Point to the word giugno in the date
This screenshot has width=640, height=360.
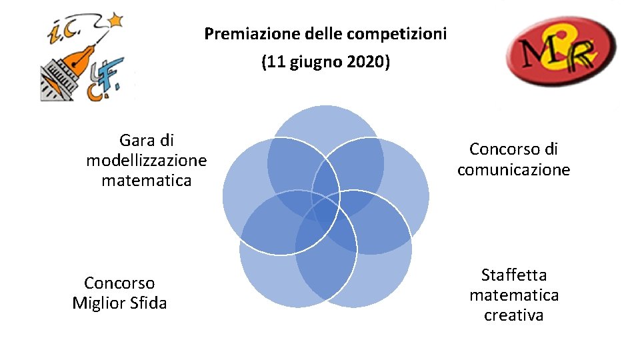pos(313,64)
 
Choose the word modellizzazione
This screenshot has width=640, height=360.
pos(147,161)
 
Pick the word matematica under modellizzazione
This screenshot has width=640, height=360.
pos(147,181)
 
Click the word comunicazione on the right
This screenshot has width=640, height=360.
pos(513,170)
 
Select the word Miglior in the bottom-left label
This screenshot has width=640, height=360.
pos(100,303)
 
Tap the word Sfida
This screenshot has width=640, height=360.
pos(149,303)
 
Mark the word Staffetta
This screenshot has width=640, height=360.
pos(513,275)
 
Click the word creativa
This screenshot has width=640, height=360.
pos(513,315)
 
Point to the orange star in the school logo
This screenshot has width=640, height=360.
pos(118,20)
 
